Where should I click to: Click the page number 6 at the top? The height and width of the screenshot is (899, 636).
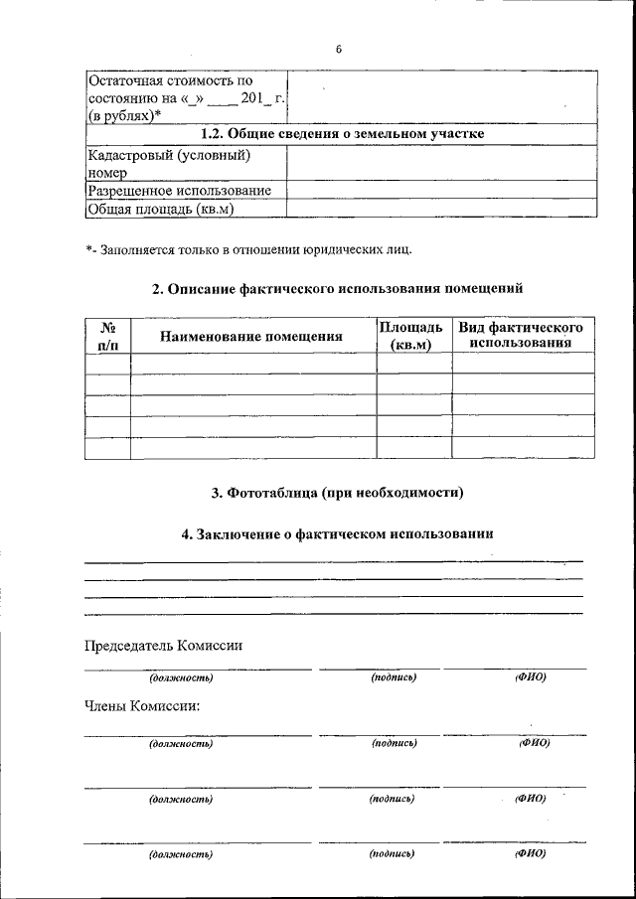(x=338, y=50)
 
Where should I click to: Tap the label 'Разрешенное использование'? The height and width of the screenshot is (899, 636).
(x=180, y=190)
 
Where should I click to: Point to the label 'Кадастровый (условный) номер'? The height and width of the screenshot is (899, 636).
(x=166, y=163)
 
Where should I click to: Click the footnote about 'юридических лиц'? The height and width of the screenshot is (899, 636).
(x=247, y=248)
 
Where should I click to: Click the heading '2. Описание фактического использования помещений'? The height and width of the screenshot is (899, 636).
(x=337, y=288)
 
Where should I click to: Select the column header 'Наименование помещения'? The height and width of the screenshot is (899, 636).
(x=251, y=336)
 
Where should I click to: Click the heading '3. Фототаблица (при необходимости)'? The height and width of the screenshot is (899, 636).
(x=338, y=492)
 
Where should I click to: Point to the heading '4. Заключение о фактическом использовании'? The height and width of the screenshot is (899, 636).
(x=337, y=533)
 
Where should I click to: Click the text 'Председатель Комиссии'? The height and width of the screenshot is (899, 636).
(x=164, y=645)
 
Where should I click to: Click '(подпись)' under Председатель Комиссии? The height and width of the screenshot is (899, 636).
(x=394, y=677)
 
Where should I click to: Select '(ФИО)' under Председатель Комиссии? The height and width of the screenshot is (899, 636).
(x=531, y=677)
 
